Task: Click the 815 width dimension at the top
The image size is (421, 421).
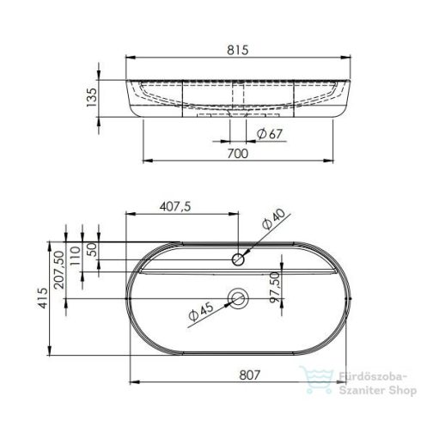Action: (239, 50)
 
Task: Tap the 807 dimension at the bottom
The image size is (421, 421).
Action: (238, 375)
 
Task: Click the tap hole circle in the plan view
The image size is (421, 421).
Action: (239, 259)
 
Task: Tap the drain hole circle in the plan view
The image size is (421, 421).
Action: (238, 299)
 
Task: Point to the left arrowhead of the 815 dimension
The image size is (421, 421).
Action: (129, 58)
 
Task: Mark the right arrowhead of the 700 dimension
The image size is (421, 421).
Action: (335, 161)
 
